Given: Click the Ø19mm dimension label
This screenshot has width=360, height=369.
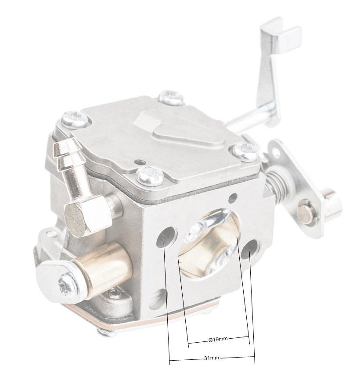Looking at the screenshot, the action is click(218, 339).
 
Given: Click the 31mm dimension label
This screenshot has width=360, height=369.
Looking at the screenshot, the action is click(211, 358).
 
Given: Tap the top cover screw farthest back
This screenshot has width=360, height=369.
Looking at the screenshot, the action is click(171, 97).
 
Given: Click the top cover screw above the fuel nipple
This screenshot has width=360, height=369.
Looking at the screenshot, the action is click(74, 118).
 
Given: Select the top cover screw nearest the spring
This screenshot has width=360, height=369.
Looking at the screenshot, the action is click(245, 151).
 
